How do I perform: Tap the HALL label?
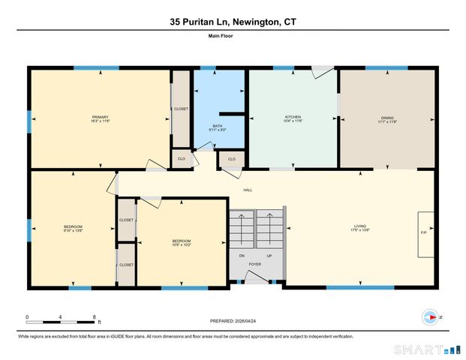[248, 190]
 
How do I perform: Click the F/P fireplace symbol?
[424, 234]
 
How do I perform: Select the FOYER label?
[256, 264]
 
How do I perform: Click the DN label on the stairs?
[242, 255]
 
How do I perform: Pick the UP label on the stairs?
[269, 255]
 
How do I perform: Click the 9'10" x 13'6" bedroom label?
[73, 229]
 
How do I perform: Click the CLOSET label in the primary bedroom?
[181, 109]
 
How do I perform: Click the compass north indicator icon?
[431, 317]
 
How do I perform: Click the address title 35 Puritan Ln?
[233, 23]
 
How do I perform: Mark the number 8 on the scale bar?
[94, 316]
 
